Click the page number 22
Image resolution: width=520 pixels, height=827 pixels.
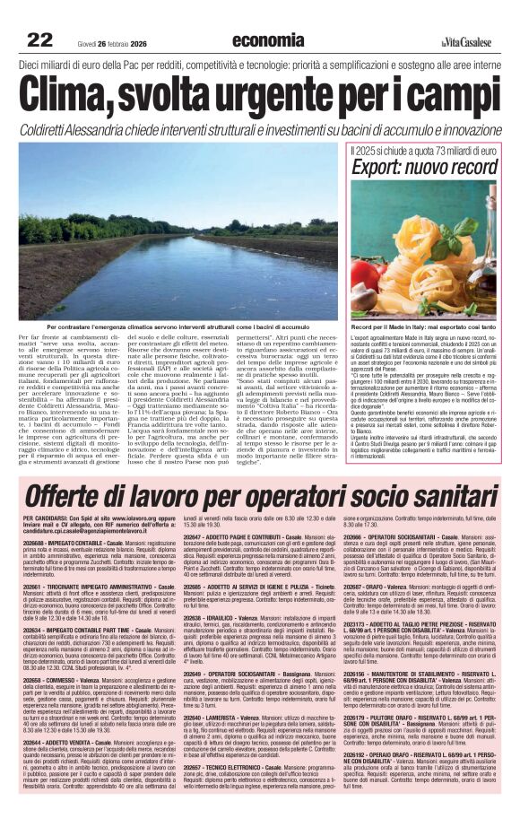(40, 40)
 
